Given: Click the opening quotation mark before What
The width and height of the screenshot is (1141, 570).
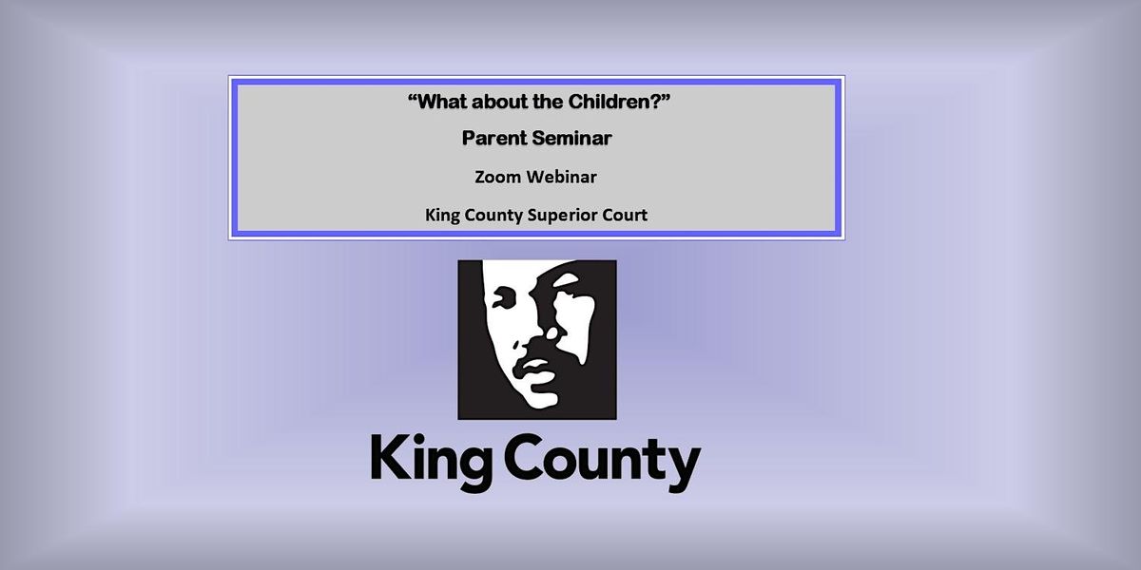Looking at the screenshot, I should (x=412, y=99).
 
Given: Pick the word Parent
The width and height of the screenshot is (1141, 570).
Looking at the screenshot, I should (x=492, y=139).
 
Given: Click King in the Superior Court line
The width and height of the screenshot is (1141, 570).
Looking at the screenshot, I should (x=442, y=215).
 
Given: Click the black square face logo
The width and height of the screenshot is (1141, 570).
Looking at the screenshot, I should (x=536, y=339).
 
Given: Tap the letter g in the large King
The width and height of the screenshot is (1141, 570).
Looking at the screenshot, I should (x=471, y=467).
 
